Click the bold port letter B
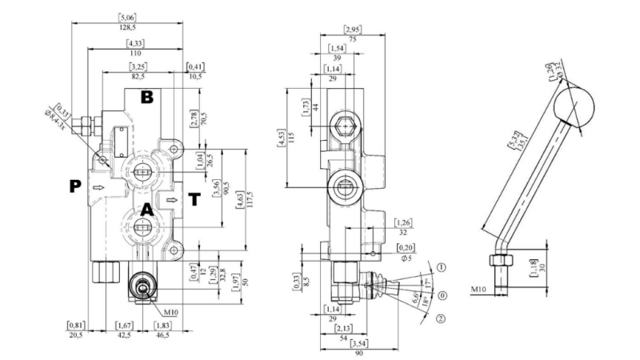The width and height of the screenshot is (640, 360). [x=146, y=98]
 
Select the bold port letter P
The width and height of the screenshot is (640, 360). [x=75, y=186]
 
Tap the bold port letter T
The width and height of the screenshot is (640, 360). [x=194, y=198]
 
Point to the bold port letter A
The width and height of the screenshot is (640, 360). [x=146, y=210]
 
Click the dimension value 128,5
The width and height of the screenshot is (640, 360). [x=127, y=26]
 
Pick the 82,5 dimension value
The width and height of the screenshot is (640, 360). [x=137, y=77]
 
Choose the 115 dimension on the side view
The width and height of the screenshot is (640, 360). [x=302, y=138]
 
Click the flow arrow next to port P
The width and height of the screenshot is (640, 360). [x=98, y=188]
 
